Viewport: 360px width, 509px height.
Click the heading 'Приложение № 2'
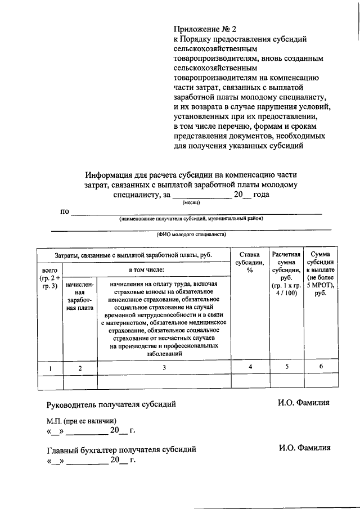(x=203, y=28)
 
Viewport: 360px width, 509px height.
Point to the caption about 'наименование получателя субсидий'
(x=191, y=218)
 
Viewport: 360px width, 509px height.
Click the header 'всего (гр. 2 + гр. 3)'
(x=49, y=278)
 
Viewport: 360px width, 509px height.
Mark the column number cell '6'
(x=320, y=367)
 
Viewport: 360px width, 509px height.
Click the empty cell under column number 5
(x=285, y=382)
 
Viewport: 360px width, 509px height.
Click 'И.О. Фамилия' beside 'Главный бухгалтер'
(x=304, y=448)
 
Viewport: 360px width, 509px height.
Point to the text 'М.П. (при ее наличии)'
(x=82, y=421)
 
